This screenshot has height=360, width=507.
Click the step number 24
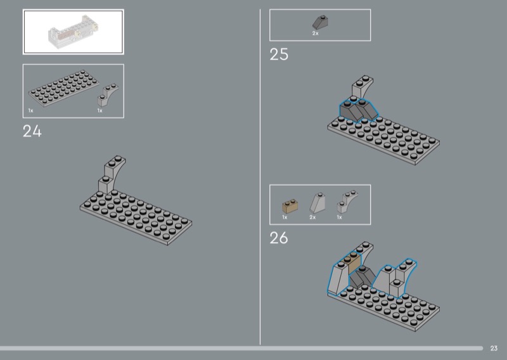pyautogui.click(x=32, y=131)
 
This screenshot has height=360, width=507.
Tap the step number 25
pyautogui.click(x=279, y=55)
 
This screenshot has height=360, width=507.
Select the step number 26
pyautogui.click(x=279, y=238)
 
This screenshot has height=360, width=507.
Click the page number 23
pyautogui.click(x=494, y=349)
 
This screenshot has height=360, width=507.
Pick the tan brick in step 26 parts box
pyautogui.click(x=290, y=206)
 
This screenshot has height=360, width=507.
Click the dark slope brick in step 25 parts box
pyautogui.click(x=320, y=22)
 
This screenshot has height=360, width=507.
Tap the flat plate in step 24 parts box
pyautogui.click(x=63, y=88)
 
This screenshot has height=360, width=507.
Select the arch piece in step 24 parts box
pyautogui.click(x=108, y=95)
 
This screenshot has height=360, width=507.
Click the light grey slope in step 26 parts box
pyautogui.click(x=318, y=202)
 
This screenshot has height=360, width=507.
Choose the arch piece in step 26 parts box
pyautogui.click(x=347, y=202)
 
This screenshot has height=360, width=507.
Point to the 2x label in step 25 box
pyautogui.click(x=315, y=34)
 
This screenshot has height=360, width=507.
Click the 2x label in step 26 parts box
pyautogui.click(x=312, y=217)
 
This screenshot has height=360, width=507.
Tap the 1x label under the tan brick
pyautogui.click(x=285, y=217)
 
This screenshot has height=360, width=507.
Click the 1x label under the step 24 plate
pyautogui.click(x=30, y=111)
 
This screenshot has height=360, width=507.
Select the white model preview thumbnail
pyautogui.click(x=74, y=32)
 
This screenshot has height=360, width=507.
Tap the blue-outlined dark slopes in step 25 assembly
pyautogui.click(x=358, y=110)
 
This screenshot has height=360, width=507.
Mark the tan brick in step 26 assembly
pyautogui.click(x=354, y=264)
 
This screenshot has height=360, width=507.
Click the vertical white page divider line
pyautogui.click(x=260, y=177)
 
